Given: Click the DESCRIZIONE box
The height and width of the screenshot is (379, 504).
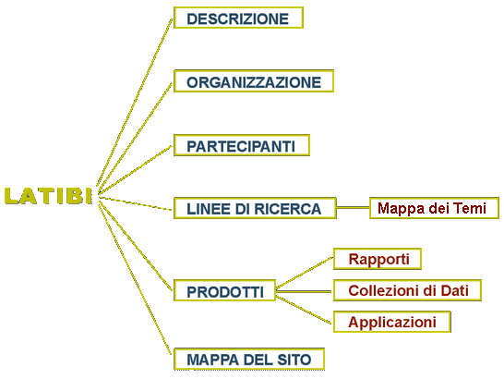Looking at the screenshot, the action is point(238,18).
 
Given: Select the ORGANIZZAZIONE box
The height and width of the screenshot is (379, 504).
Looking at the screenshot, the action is point(254,81).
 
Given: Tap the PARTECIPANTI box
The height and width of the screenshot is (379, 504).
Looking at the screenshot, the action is point(242,145).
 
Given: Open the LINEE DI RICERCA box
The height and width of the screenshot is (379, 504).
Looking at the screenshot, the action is point(255,208).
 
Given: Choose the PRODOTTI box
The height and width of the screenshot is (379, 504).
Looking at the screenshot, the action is point(224,290).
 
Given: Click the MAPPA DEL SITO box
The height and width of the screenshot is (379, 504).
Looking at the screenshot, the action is point(249,359).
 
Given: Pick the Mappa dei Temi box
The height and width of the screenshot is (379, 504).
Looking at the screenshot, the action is point(434,208).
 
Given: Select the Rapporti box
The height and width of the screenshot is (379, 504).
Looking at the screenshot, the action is point(378,259).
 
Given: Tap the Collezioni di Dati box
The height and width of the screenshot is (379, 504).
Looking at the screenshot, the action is point(407,290).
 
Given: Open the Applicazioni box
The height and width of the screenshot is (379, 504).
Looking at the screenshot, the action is point(391,322).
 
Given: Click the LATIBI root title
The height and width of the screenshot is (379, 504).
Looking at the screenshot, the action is point(49,196).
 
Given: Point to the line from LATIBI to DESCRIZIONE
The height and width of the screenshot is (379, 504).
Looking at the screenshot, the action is point(135,102).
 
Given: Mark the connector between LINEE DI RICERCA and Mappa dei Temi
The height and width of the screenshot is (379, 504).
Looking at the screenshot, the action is point(353,208).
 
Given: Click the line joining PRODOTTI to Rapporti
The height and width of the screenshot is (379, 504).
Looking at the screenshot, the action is point(305,272).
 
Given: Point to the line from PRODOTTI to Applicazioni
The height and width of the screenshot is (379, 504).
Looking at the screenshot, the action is point(305,310).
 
